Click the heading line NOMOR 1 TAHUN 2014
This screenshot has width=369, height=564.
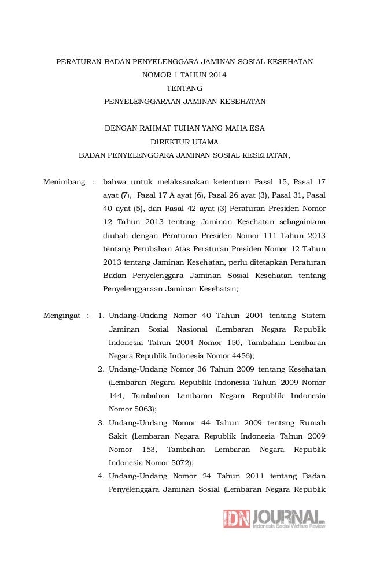(x=184, y=75)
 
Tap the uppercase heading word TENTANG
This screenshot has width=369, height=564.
(x=184, y=88)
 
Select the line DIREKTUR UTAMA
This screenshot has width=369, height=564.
(x=184, y=142)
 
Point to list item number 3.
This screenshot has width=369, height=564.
(x=101, y=422)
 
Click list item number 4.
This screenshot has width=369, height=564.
(x=101, y=476)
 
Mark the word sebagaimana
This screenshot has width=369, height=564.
(x=300, y=222)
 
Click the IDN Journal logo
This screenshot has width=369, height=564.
(x=274, y=518)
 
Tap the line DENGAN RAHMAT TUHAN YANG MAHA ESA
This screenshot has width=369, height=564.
(x=184, y=128)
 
